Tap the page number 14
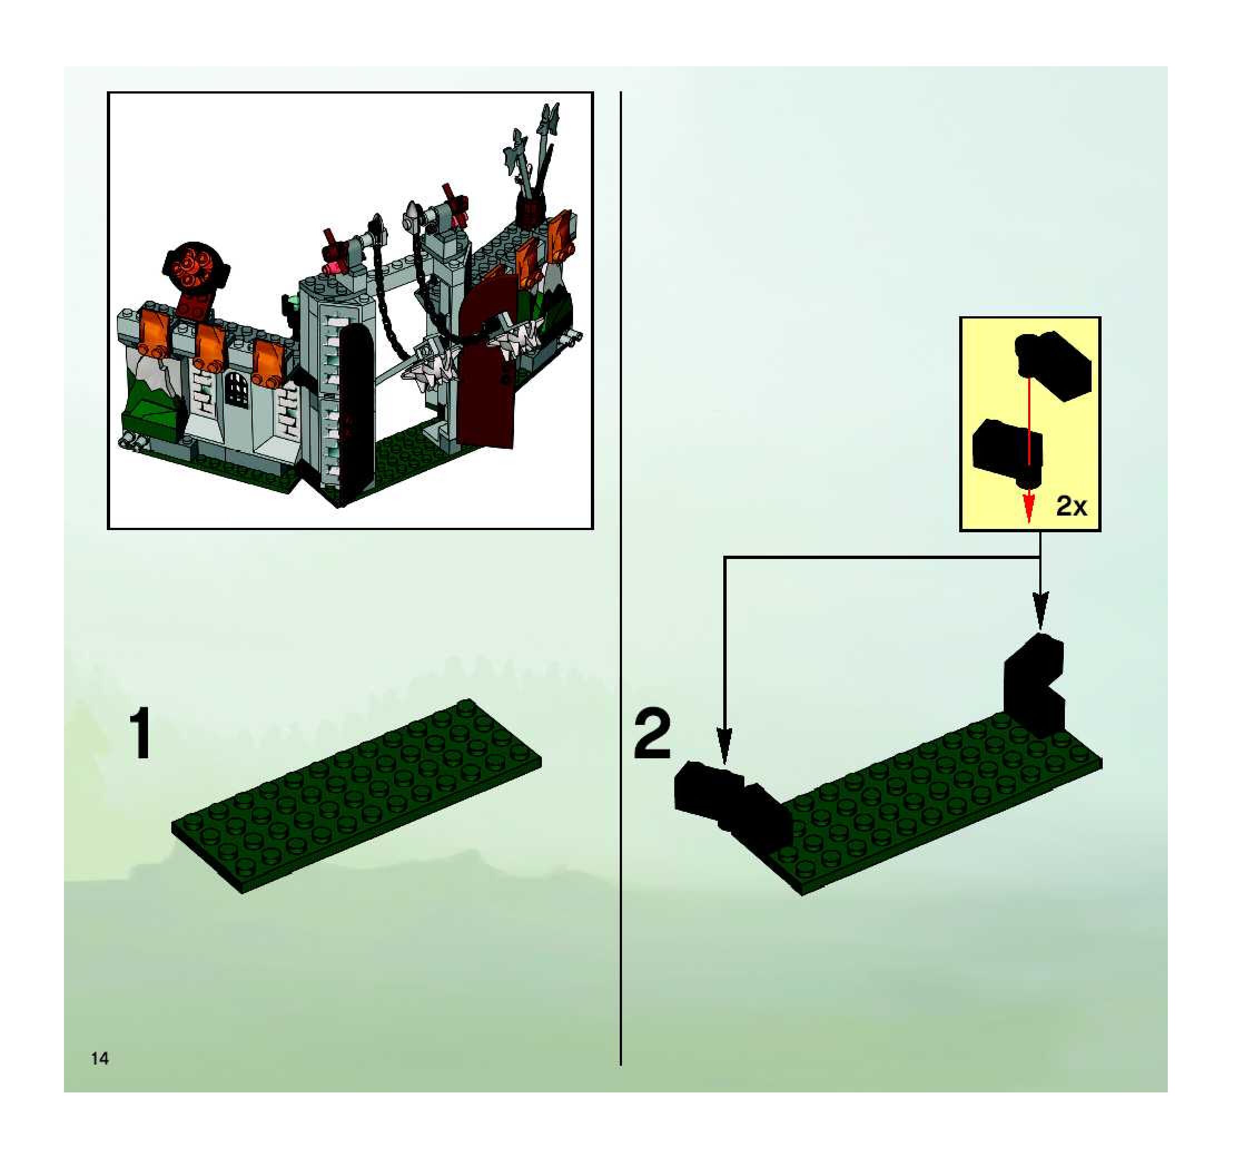click(x=100, y=1058)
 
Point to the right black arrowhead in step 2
click(x=1041, y=609)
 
